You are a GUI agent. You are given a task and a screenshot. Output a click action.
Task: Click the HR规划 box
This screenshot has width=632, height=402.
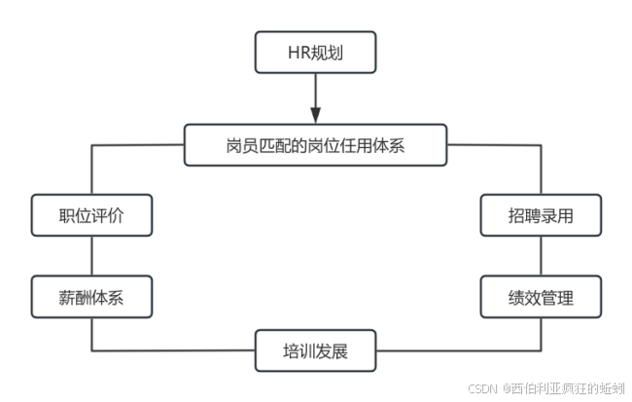pos(315,53)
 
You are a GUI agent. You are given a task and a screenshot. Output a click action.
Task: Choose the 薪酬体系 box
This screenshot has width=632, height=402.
pos(91,297)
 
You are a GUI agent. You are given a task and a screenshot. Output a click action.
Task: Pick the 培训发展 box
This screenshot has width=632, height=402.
pos(315,350)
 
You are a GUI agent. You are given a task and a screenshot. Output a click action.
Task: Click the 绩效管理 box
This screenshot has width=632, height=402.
pos(541,297)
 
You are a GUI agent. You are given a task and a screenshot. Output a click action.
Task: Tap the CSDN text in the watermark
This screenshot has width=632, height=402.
pos(482,387)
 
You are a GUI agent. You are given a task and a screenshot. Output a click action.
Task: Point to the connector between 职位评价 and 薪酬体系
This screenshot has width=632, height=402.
pos(91,256)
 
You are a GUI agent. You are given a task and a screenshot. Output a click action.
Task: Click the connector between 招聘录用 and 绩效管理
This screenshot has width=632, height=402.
pos(541,256)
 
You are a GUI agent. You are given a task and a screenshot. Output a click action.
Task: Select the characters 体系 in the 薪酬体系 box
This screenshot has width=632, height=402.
pos(108,297)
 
